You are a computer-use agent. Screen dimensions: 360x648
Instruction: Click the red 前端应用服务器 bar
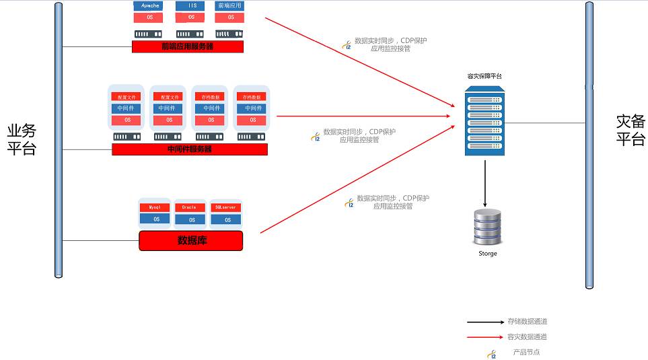[x=187, y=46]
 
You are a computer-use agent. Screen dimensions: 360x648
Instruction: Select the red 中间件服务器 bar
[x=189, y=149]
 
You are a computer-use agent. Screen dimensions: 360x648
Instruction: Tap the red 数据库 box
[x=190, y=240]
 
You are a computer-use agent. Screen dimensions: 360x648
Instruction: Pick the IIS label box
[x=191, y=6]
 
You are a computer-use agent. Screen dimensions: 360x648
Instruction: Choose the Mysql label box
[x=155, y=207]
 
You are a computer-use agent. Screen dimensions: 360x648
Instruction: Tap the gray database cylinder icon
[x=487, y=227]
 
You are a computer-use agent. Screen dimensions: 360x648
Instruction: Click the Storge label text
[x=487, y=254]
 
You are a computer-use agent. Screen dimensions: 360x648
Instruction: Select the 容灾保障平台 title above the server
[x=484, y=76]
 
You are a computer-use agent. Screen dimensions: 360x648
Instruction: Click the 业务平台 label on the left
[x=22, y=140]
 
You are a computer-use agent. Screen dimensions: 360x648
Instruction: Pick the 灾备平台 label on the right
[x=631, y=131]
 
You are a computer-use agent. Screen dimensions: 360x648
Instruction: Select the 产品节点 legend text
[x=526, y=353]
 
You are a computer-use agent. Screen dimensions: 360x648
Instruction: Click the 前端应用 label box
[x=230, y=6]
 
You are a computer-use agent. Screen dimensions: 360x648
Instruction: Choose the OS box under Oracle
[x=191, y=219]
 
